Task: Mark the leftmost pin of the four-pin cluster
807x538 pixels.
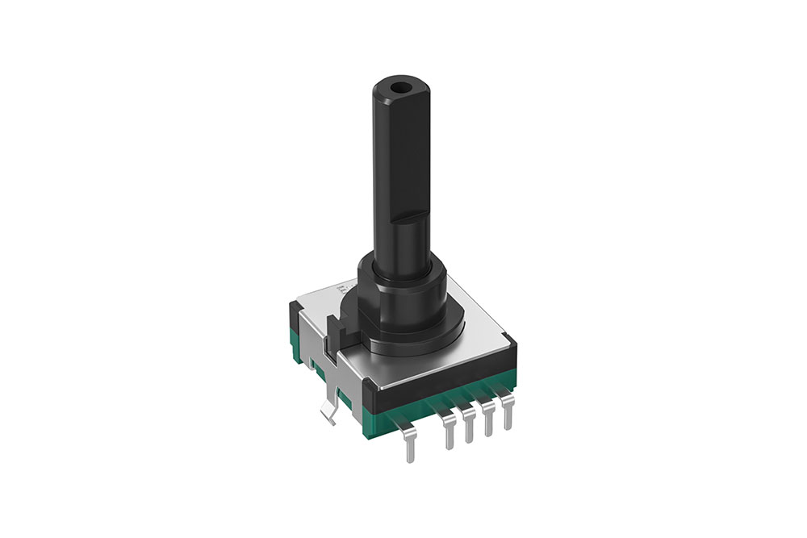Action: [x=448, y=432]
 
